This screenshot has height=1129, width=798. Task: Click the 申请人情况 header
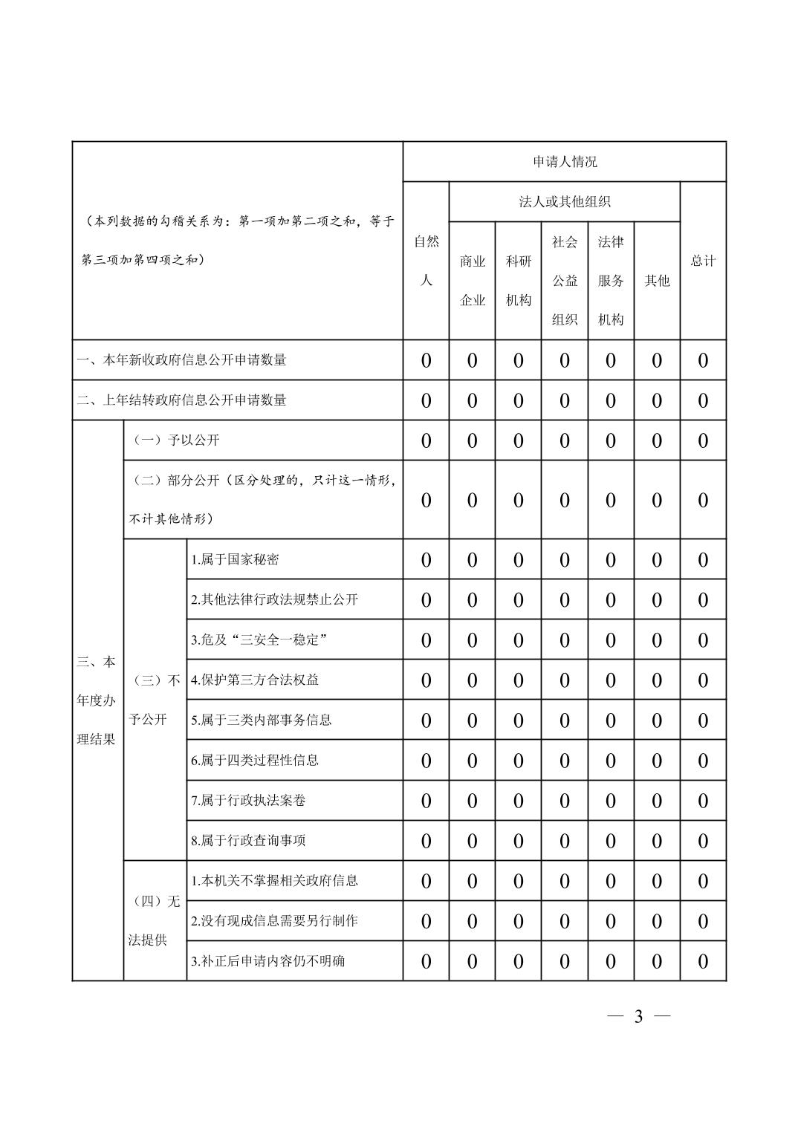coord(565,162)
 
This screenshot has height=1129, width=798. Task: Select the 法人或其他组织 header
coord(565,202)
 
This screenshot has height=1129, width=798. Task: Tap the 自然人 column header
coord(426,261)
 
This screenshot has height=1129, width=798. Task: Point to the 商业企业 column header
coord(473,281)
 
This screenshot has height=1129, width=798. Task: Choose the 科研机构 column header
coord(519,281)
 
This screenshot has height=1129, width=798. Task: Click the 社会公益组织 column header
coord(565,281)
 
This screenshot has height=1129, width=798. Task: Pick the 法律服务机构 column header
coord(611,281)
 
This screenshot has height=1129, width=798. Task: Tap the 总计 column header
coord(703,261)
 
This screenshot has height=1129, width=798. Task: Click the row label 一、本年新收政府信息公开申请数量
coord(182,360)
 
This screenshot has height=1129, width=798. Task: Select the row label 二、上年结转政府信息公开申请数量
coord(182,400)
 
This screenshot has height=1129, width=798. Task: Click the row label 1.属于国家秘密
coord(235,559)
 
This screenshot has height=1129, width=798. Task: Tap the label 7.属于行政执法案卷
coord(248,800)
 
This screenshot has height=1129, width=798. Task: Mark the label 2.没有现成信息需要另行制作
coord(274,920)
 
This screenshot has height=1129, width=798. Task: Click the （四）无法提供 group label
coord(155,921)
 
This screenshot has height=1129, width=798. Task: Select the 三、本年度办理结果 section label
coord(97,700)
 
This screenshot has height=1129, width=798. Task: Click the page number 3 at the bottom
coord(638,1017)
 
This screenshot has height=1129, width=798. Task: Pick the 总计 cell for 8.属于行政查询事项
coord(703,841)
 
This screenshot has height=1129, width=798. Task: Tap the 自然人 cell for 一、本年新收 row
coord(426,361)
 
